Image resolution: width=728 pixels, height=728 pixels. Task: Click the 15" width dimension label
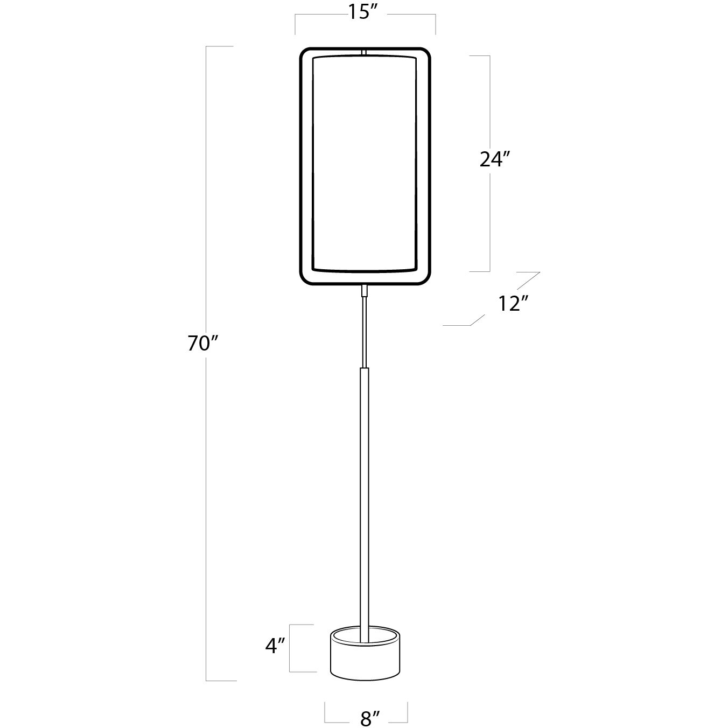(x=362, y=12)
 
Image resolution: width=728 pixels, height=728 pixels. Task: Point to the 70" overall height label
(x=203, y=344)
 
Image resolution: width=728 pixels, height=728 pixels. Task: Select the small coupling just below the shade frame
(x=364, y=291)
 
